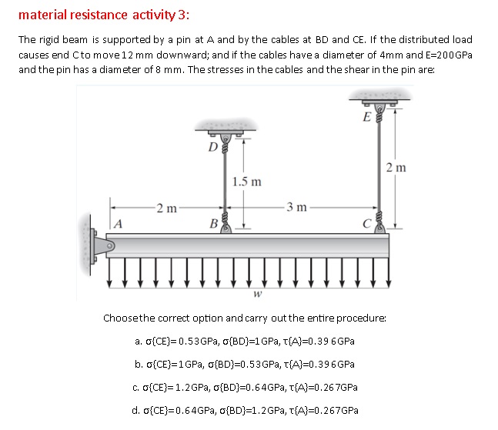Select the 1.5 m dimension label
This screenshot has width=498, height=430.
point(246,182)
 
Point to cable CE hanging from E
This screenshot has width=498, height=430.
point(378,165)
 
